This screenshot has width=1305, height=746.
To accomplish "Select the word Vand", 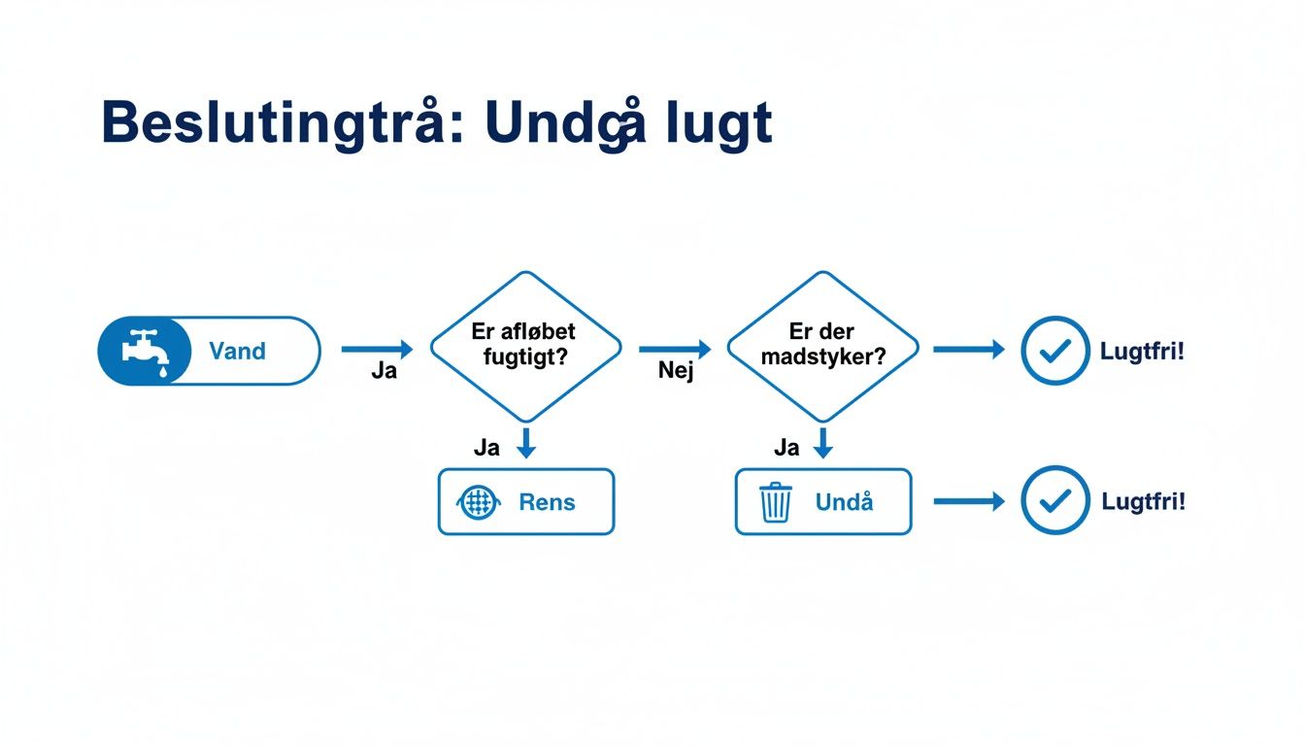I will point(237,351).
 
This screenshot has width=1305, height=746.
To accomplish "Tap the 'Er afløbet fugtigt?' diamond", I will point(524,345).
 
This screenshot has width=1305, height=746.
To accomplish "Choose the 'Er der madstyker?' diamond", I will point(822,345).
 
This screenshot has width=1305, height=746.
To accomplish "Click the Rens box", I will point(525,501).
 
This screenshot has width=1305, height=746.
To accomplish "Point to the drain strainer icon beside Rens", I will point(477,502).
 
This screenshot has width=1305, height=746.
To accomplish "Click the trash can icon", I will point(775,502).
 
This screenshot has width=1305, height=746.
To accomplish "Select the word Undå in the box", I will point(845,502).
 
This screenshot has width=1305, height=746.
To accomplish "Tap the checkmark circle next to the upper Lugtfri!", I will point(1054,351).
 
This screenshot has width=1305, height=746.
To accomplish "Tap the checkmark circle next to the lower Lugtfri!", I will point(1054,500).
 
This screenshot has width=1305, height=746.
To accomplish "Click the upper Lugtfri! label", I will point(1142,351).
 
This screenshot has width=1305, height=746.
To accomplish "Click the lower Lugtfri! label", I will point(1143,501).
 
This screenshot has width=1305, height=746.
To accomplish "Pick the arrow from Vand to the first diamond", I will point(377,349).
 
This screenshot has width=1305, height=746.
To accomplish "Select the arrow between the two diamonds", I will point(675,349).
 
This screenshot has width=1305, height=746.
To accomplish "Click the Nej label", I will point(675,371).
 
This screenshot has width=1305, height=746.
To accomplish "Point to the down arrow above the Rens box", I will point(525,443).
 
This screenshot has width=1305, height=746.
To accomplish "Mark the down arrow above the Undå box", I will point(822,443).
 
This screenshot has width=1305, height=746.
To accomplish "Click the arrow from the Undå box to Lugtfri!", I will point(968,501).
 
